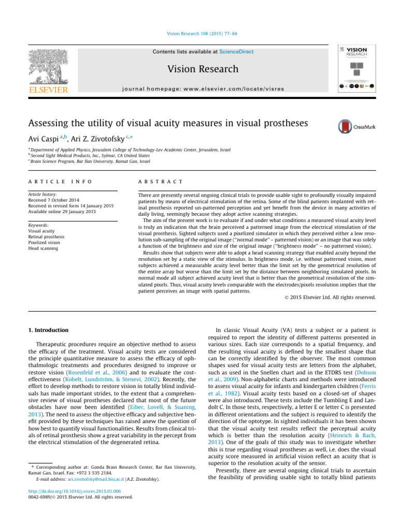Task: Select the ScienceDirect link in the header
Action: tap(218, 52)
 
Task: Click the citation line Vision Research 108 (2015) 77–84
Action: tap(198, 34)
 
